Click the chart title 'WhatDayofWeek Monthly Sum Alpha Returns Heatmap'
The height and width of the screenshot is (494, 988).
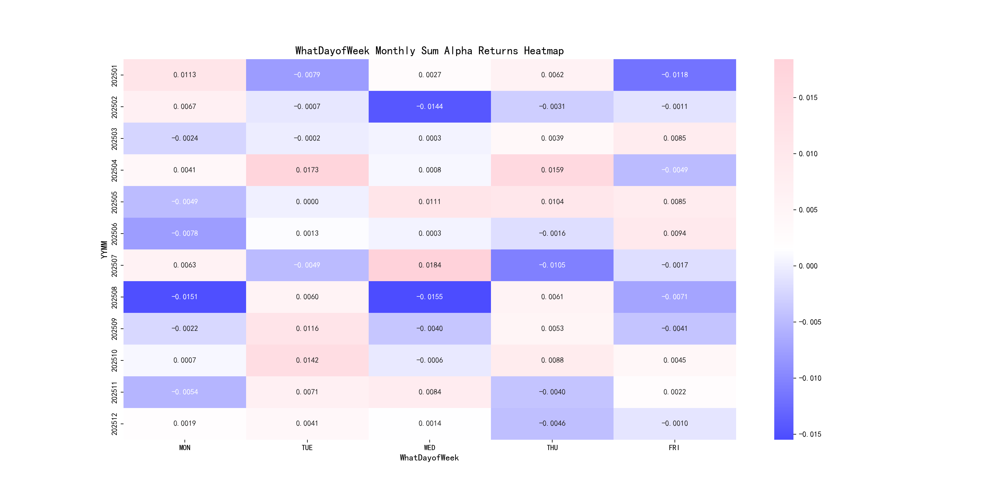point(429,51)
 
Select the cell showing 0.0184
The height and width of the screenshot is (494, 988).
point(430,265)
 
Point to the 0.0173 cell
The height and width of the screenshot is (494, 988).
point(307,170)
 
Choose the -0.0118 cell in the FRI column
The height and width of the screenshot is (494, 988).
point(674,75)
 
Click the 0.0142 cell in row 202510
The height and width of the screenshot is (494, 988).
point(307,360)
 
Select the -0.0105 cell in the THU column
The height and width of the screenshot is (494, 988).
point(552,265)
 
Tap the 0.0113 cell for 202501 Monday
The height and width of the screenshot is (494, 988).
point(184,75)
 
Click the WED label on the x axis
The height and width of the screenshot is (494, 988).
point(430,448)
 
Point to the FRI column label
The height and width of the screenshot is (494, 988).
point(674,448)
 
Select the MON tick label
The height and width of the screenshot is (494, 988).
point(184,448)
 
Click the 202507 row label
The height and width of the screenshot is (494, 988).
point(114,265)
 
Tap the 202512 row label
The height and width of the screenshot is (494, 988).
point(114,424)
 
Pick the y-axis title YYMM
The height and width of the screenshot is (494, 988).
point(104,250)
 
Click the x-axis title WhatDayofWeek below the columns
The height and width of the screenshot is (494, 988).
point(429,458)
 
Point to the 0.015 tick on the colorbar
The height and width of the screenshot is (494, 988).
point(808,98)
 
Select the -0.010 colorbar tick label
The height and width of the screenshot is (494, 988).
point(810,378)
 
